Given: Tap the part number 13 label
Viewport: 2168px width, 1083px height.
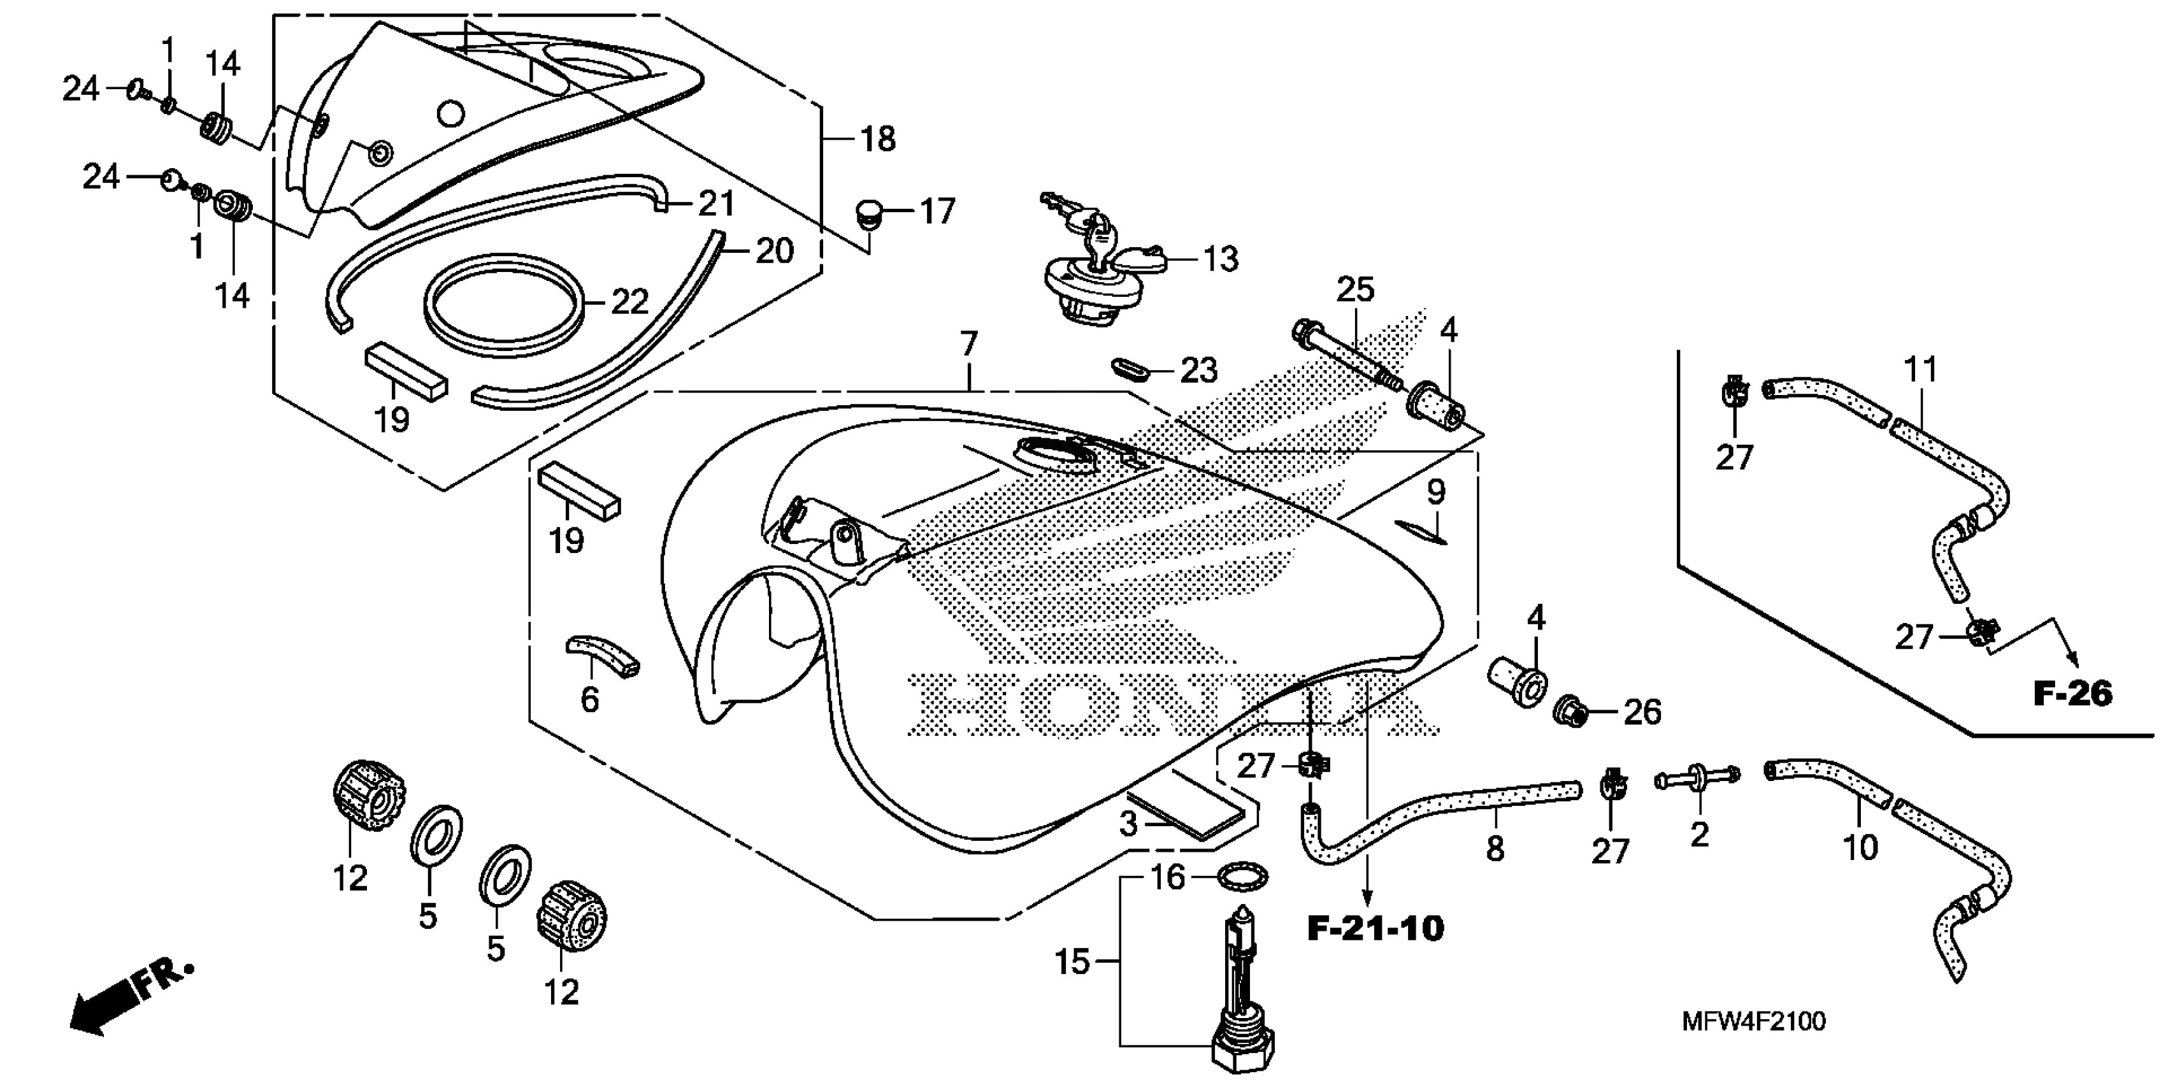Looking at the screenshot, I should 1221,259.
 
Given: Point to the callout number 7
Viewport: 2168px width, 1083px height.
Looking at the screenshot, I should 969,344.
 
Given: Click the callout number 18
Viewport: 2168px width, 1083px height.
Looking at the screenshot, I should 877,140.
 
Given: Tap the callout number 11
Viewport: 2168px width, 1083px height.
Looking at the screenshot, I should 1921,369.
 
